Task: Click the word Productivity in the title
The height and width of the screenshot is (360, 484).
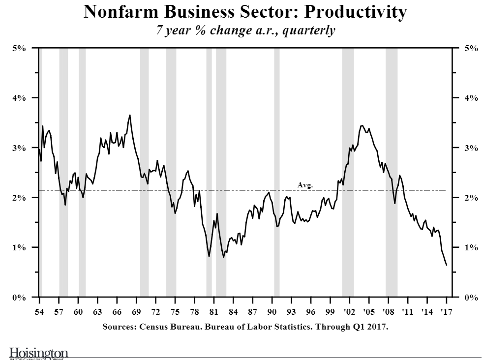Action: tap(353, 12)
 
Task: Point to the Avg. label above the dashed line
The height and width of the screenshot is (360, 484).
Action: tap(305, 185)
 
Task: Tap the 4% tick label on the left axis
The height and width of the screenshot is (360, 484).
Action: tap(19, 98)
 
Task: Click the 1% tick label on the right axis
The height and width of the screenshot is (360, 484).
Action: tap(471, 247)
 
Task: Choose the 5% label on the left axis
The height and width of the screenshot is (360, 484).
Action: tap(19, 48)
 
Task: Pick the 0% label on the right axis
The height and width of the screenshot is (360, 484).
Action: tap(471, 297)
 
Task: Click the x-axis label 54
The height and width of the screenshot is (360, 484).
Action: tap(39, 312)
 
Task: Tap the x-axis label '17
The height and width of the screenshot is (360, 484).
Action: tap(446, 312)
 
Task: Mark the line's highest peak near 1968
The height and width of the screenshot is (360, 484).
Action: tap(129, 115)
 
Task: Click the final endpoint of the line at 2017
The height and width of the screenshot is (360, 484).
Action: tap(446, 265)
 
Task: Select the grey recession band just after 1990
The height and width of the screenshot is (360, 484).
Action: tap(276, 172)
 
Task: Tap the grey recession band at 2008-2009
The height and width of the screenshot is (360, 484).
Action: tap(391, 172)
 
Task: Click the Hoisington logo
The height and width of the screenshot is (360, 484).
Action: tap(39, 353)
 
